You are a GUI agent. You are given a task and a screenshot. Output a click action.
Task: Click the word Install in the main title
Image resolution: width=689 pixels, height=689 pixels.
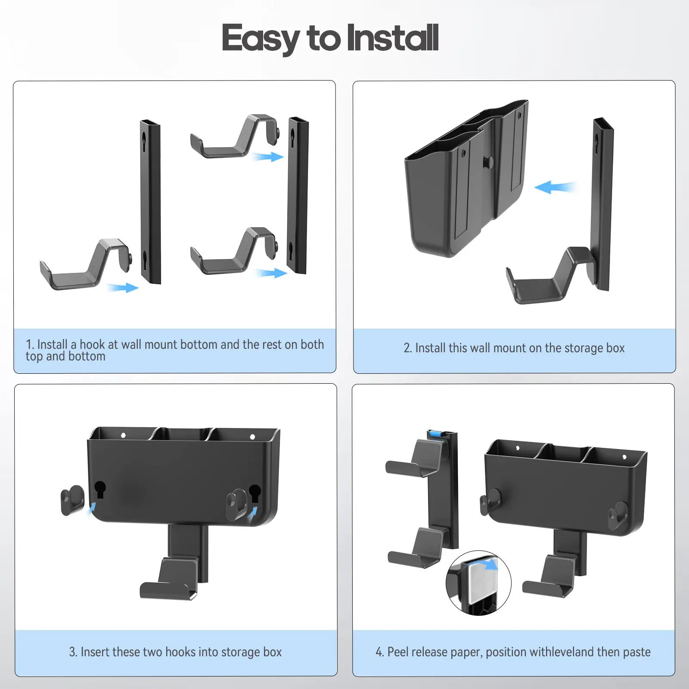392,38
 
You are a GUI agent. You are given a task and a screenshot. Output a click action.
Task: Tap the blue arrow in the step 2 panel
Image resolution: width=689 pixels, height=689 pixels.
555,187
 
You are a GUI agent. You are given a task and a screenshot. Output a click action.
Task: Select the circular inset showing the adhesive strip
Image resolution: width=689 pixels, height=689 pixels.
478,583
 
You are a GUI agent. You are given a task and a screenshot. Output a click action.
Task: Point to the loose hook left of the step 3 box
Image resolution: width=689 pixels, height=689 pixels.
73,500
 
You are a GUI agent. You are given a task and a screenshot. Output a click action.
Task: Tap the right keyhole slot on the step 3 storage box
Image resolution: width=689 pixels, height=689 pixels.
255,493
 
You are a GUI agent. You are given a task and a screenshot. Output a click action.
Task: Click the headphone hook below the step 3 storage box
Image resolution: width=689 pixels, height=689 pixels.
170,578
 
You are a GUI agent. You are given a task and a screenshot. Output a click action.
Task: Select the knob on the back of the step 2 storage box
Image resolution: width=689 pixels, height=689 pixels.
488,162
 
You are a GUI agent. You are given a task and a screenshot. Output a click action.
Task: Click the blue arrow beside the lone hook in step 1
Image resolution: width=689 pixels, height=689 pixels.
123,287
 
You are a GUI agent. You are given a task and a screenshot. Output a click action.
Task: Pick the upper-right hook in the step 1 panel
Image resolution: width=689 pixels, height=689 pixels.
235,136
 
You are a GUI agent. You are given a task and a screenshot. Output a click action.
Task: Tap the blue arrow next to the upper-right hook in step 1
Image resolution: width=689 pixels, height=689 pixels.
268,156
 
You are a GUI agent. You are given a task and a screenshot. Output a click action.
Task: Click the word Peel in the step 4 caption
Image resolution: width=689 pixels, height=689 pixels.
397,652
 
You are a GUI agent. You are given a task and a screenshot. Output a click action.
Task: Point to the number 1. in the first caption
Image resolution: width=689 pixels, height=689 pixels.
30,344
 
